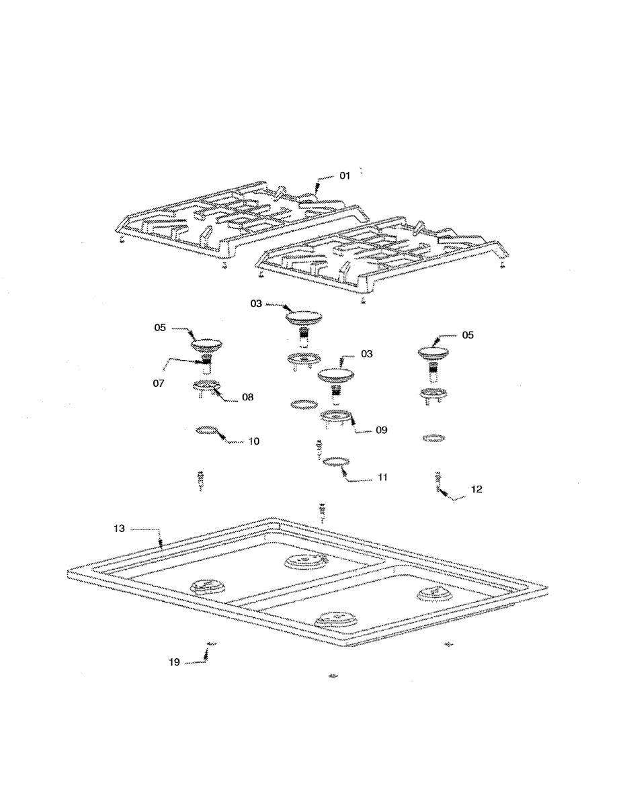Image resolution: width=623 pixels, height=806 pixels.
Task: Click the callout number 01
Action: tap(344, 176)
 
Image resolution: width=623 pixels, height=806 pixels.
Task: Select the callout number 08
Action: tap(247, 397)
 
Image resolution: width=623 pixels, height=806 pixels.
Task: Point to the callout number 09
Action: tap(382, 430)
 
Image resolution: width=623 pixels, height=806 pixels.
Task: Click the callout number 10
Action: tap(253, 441)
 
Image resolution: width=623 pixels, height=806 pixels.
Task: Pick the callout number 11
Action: tap(382, 478)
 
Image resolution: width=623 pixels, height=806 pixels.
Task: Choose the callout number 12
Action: tap(476, 490)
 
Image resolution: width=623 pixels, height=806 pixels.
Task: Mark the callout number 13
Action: tap(118, 529)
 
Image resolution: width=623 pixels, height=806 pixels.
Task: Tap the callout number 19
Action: tap(174, 662)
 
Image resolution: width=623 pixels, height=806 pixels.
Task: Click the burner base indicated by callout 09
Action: tap(334, 417)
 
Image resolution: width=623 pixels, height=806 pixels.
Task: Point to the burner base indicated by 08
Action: tap(206, 386)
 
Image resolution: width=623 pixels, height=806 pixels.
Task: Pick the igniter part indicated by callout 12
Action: tap(438, 480)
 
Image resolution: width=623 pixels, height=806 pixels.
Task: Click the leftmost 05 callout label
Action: tap(160, 328)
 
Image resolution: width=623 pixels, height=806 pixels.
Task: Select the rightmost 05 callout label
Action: tap(467, 334)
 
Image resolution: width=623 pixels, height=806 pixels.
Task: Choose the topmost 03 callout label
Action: tap(256, 304)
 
